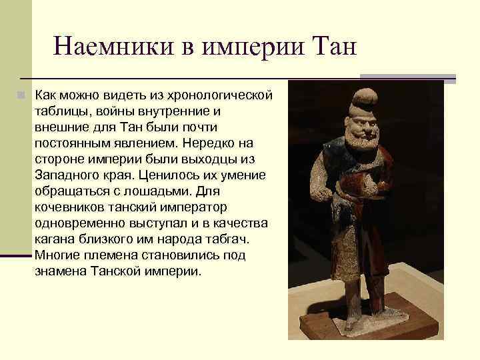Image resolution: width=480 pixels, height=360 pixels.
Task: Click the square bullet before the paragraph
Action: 22,95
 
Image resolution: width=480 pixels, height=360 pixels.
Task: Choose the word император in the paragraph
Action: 189,207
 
